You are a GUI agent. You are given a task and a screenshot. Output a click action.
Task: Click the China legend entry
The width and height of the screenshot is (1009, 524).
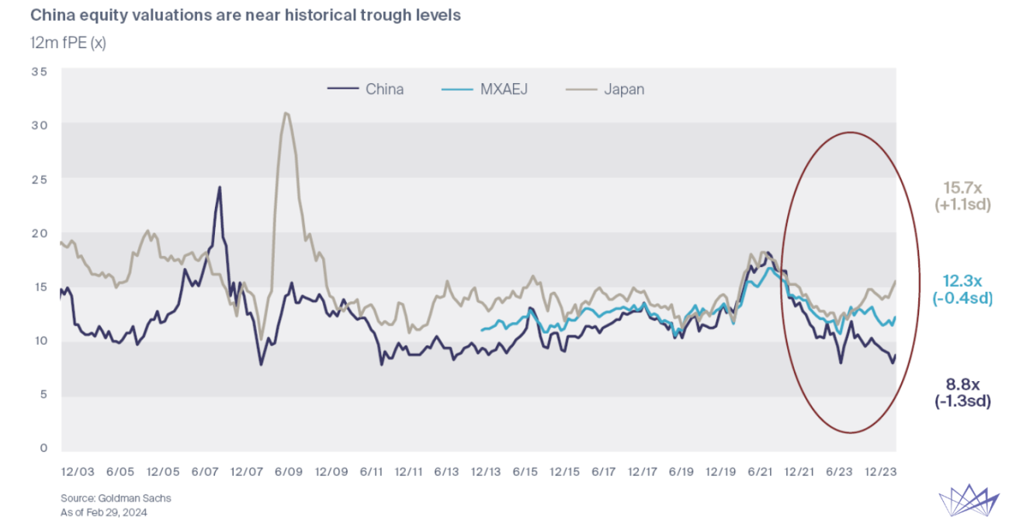[x=366, y=89]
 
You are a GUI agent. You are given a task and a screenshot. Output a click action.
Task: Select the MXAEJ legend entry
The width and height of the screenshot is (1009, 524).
[x=484, y=89]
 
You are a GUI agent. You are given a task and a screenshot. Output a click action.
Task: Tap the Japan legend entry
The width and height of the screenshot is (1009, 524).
[x=605, y=89]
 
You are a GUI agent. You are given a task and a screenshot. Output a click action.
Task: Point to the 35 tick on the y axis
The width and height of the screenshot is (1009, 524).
[x=39, y=71]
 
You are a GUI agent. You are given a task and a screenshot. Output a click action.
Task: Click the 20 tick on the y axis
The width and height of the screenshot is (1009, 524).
[x=39, y=234]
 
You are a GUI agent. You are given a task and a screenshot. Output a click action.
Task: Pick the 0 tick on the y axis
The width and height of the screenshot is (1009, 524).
[x=43, y=448]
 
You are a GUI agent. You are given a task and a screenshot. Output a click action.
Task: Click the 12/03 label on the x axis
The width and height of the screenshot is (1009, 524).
[x=78, y=472]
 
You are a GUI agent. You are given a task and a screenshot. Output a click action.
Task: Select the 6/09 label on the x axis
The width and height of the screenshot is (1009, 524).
[x=288, y=472]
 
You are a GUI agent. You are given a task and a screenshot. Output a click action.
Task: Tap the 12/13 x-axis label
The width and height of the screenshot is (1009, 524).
[x=486, y=472]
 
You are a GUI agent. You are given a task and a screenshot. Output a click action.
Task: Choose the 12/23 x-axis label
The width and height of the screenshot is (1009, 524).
[x=881, y=472]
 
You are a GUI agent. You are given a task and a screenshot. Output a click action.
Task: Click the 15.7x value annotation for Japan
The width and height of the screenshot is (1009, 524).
[x=962, y=187]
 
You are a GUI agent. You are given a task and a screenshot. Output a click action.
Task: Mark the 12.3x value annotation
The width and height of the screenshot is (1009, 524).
[x=962, y=281]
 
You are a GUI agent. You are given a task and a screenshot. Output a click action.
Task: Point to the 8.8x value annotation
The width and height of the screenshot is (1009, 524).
[x=962, y=384]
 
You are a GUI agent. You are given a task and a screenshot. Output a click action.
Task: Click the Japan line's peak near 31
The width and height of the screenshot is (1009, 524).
[x=286, y=113]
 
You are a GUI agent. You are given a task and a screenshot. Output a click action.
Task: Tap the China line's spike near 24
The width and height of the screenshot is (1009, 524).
[x=220, y=187]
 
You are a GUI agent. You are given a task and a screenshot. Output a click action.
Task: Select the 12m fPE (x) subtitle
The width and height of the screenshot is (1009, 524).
[x=68, y=43]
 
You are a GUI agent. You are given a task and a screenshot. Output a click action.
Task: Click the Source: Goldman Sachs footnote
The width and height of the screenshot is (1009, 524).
[x=116, y=498]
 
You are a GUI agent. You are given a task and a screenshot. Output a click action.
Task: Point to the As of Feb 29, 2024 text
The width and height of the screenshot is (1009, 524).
[x=103, y=512]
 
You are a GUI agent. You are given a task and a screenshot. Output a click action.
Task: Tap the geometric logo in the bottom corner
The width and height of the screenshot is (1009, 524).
[x=969, y=500]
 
